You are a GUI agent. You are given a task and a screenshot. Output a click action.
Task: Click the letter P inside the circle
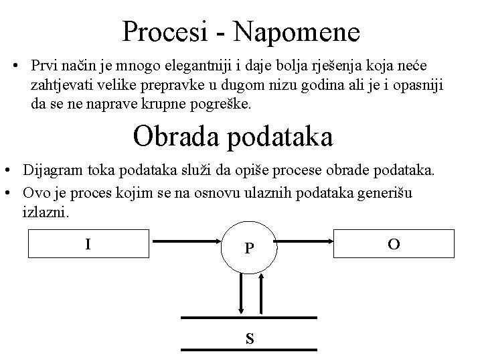pyautogui.click(x=249, y=249)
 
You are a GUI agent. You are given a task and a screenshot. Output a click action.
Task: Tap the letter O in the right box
pyautogui.click(x=394, y=245)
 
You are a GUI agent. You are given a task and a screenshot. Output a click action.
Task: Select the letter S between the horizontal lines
pyautogui.click(x=249, y=339)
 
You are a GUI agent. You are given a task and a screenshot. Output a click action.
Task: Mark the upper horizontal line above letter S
pyautogui.click(x=249, y=316)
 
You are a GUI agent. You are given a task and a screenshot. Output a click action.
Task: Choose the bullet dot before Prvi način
pyautogui.click(x=16, y=66)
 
